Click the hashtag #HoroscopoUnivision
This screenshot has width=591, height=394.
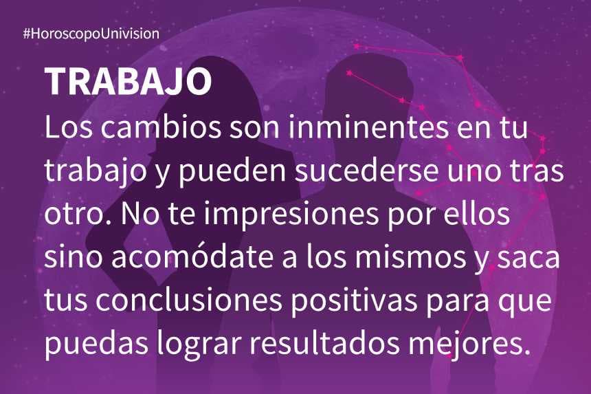(x=91, y=34)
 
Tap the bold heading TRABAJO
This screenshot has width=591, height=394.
(x=128, y=82)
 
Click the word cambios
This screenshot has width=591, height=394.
(x=161, y=127)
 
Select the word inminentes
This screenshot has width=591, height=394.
(x=369, y=127)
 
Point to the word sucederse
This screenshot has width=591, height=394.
(x=367, y=171)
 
